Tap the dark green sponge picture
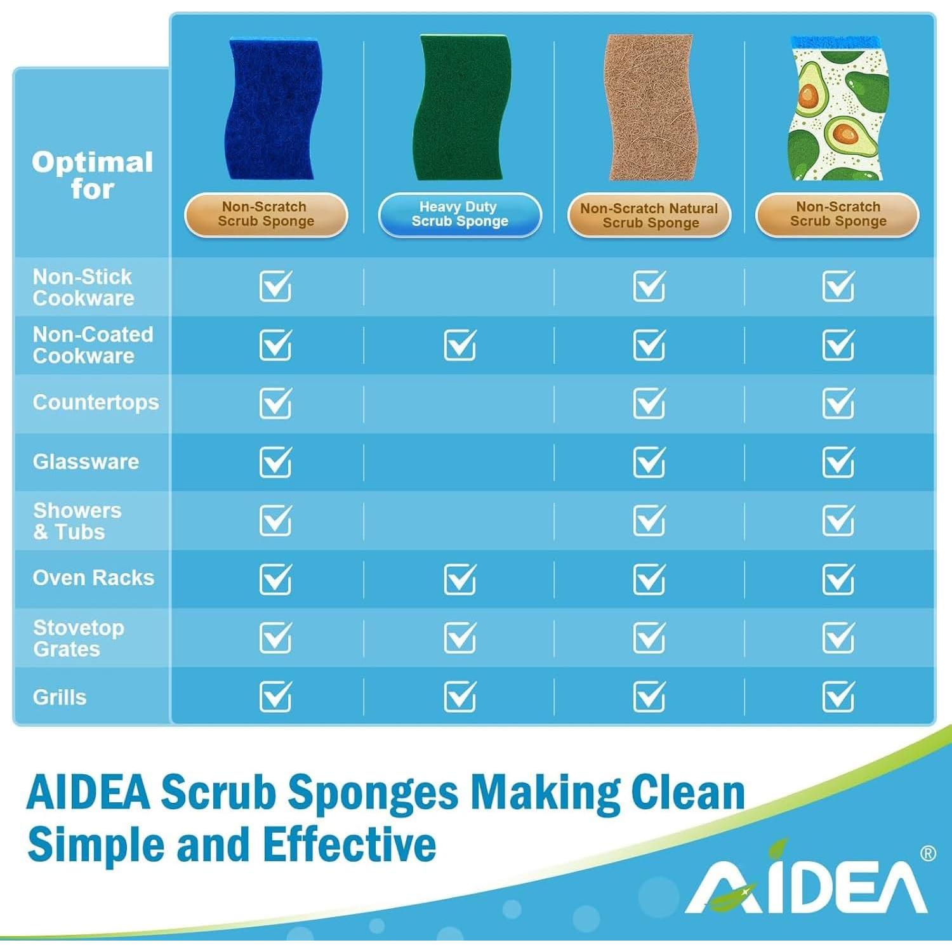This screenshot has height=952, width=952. point(461,107)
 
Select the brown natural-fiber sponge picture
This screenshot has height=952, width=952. point(649,107)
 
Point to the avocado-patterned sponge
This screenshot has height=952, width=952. point(838,108)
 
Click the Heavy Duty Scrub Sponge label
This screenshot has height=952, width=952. point(459,215)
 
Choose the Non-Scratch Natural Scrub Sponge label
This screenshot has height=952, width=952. point(649,215)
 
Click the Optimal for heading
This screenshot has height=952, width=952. point(93,175)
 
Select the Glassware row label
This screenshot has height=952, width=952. point(86,461)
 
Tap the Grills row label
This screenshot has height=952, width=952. point(60,697)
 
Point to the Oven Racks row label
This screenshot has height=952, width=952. point(93,578)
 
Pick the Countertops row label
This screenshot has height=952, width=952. point(96,402)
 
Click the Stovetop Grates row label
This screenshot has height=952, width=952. point(79,638)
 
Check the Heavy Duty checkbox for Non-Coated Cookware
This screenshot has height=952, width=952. point(460,345)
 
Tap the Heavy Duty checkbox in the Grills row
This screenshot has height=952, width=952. point(460,696)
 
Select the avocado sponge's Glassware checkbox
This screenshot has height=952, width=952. point(838,461)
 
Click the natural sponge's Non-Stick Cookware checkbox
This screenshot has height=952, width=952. point(649,286)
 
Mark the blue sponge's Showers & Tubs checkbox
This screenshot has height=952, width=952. point(275,520)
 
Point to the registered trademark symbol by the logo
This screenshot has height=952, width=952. point(927,854)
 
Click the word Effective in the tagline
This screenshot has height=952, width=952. point(350,845)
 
